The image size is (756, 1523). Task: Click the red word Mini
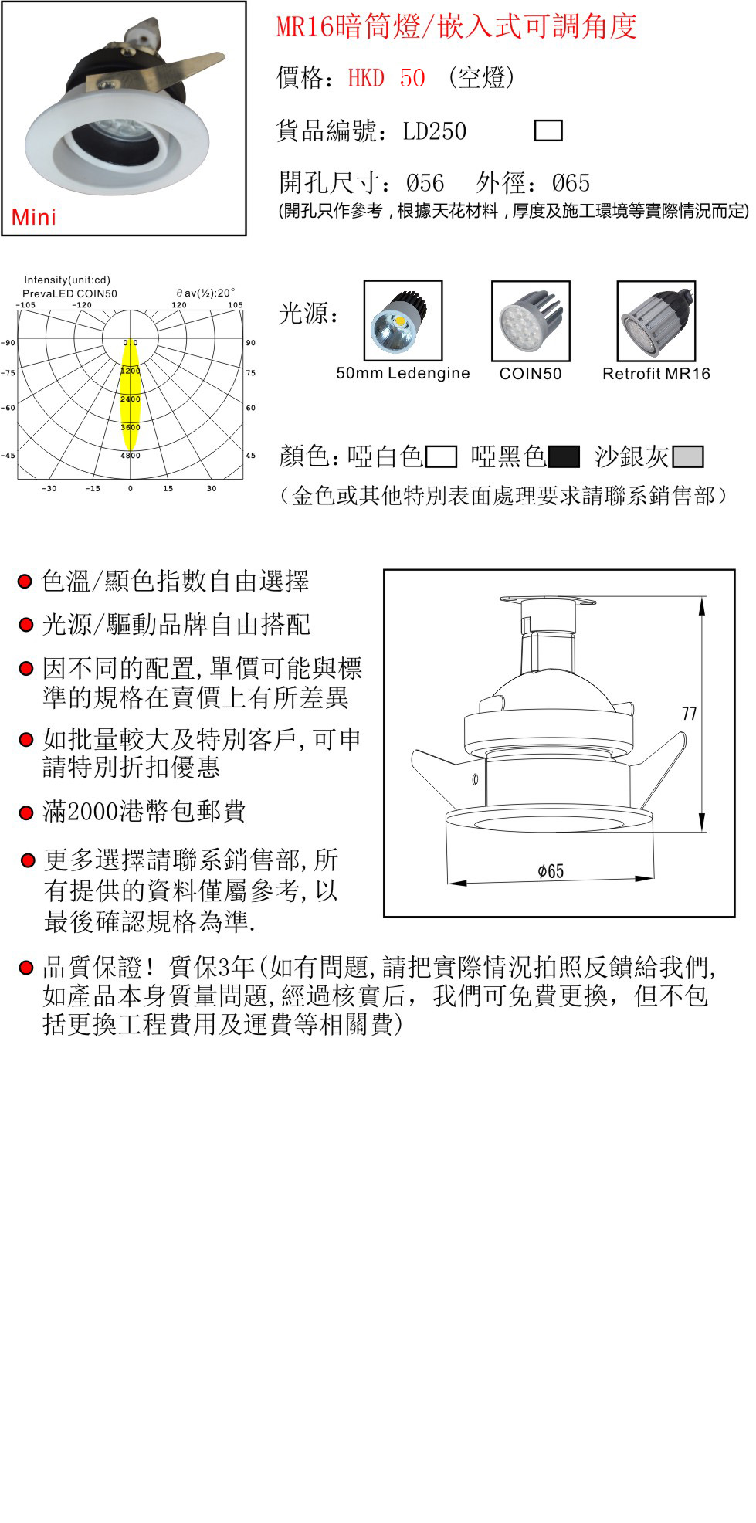click(34, 217)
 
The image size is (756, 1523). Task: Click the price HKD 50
click(386, 78)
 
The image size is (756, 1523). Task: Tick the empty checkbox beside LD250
click(548, 131)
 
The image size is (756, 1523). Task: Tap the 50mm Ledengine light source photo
click(403, 321)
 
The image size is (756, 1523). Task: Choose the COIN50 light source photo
click(531, 321)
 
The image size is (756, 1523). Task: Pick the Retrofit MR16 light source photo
click(656, 321)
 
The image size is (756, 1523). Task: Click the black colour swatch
click(564, 457)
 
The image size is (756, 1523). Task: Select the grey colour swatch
click(688, 457)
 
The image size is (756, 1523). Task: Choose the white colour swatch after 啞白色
click(441, 457)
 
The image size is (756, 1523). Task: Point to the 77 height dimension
click(690, 714)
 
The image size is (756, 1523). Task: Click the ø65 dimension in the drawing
click(551, 871)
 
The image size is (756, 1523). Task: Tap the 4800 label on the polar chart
click(131, 456)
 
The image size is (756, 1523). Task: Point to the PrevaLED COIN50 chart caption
click(69, 294)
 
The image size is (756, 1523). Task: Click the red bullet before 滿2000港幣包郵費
click(26, 812)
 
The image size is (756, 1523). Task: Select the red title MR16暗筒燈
click(348, 27)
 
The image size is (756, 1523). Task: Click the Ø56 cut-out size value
click(425, 183)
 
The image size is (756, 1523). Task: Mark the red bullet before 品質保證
click(26, 967)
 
